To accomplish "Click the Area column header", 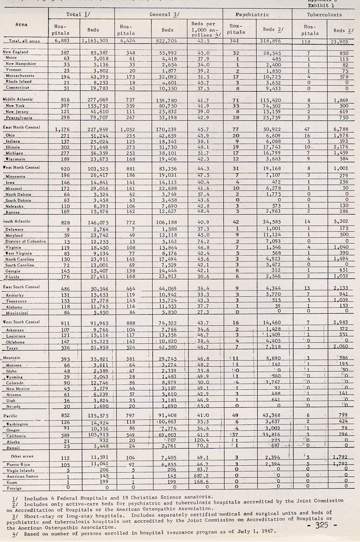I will [21, 24].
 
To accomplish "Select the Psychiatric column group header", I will [252, 14].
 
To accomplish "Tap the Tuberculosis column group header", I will [324, 14].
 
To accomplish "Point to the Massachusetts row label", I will [20, 76].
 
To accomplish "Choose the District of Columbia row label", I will [25, 241].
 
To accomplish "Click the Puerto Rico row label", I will [18, 465].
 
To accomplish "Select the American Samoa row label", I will [21, 476].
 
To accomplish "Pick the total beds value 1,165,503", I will [95, 40].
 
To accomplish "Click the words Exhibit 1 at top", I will [321, 6].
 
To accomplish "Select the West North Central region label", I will [21, 168].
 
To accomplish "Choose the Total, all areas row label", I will [24, 41].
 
